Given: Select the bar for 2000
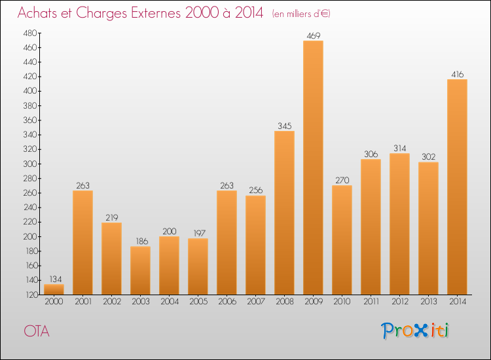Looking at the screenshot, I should [x=54, y=289].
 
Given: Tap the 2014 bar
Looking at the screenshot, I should [x=457, y=187].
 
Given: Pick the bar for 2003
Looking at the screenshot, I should [x=140, y=270].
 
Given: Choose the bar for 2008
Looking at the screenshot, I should [x=284, y=213].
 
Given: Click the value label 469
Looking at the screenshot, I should [x=313, y=35].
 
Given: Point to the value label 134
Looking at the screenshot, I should [x=54, y=279].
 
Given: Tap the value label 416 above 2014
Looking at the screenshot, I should [x=457, y=74].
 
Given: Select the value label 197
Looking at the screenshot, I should [x=198, y=233].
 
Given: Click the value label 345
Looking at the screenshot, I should [x=284, y=126].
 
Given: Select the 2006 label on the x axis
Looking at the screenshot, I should [x=227, y=302].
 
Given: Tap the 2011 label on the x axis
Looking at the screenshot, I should [x=371, y=302].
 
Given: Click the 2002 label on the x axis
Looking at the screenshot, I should [x=111, y=302].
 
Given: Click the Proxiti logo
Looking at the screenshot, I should [x=416, y=331].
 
